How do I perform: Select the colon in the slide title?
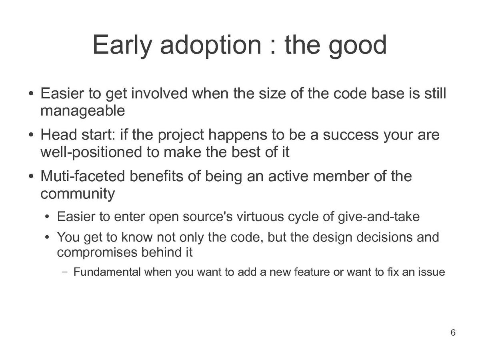pyautogui.click(x=273, y=48)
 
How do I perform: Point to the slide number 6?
pyautogui.click(x=453, y=332)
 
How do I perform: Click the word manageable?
pyautogui.click(x=83, y=111)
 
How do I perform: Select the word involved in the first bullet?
pyautogui.click(x=159, y=93)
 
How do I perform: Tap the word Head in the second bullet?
pyautogui.click(x=59, y=134)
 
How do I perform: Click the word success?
pyautogui.click(x=351, y=135)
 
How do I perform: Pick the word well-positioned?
pyautogui.click(x=91, y=152)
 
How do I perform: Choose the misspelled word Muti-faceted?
pyautogui.click(x=83, y=176)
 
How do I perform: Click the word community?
pyautogui.click(x=78, y=194)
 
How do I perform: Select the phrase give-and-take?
pyautogui.click(x=378, y=217)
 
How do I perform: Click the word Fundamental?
pyautogui.click(x=107, y=272)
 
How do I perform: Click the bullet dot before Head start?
pyautogui.click(x=31, y=135)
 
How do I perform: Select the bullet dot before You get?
pyautogui.click(x=47, y=237)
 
